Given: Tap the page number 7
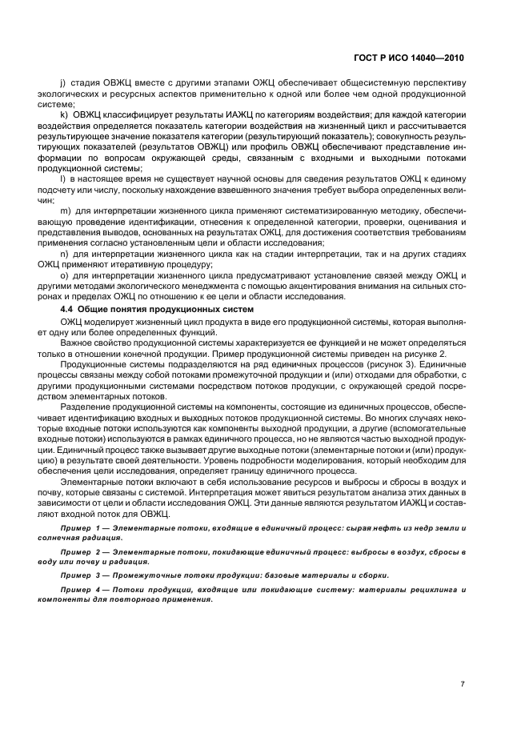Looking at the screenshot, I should pyautogui.click(x=463, y=685).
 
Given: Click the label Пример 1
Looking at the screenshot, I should pyautogui.click(x=78, y=530).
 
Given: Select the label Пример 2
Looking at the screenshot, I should pyautogui.click(x=78, y=553).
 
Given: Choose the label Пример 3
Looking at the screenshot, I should pyautogui.click(x=78, y=575).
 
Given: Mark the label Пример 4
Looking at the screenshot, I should pyautogui.click(x=78, y=589).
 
